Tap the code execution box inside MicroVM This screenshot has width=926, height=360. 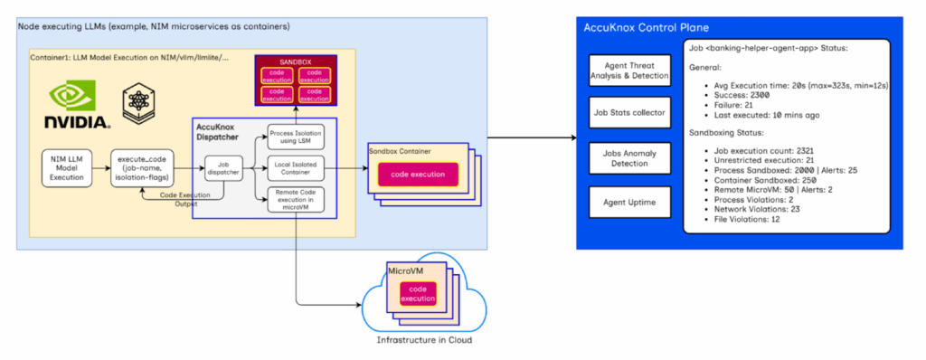click(x=418, y=294)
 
